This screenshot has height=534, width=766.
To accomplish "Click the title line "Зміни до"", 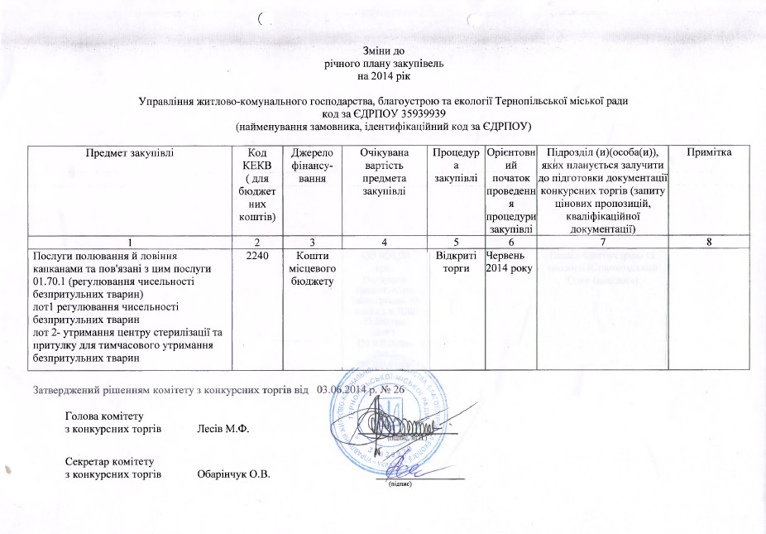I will point(383,51).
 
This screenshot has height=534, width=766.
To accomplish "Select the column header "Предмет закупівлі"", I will point(127,152).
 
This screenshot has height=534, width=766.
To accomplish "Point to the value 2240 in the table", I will point(256,257).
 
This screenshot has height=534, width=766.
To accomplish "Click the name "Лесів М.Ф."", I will point(223,430).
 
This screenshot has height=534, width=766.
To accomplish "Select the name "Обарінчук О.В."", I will point(234,474).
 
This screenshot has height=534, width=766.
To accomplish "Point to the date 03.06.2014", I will point(342,389).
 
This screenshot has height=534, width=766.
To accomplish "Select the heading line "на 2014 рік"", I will point(383,75).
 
